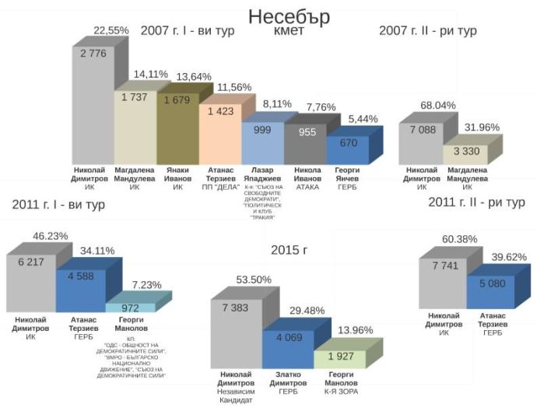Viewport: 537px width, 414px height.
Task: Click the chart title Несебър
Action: click(x=289, y=16)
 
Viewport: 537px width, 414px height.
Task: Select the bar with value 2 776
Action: click(x=93, y=101)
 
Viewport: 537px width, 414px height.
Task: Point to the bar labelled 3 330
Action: click(x=465, y=154)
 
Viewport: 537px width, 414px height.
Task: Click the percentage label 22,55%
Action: click(x=111, y=30)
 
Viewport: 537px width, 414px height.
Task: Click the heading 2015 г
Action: click(x=289, y=249)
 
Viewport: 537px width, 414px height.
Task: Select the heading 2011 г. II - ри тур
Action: click(x=476, y=203)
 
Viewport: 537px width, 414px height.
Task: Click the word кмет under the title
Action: click(x=289, y=32)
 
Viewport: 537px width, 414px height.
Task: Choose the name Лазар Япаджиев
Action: click(x=265, y=173)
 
